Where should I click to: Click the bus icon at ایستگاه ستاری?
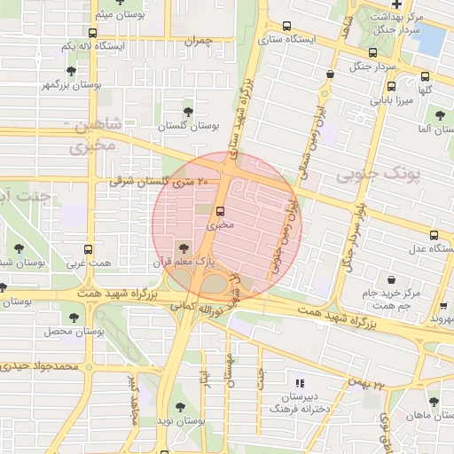pyautogui.click(x=288, y=27)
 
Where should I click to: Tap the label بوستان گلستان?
pyautogui.click(x=187, y=127)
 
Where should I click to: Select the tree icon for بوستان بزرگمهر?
pyautogui.click(x=71, y=70)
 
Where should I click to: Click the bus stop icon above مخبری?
pyautogui.click(x=220, y=211)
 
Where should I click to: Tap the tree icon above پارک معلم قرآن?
pyautogui.click(x=184, y=248)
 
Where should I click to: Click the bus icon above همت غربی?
pyautogui.click(x=88, y=250)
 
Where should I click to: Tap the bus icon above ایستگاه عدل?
pyautogui.click(x=434, y=235)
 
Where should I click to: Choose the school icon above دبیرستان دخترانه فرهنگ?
pyautogui.click(x=300, y=383)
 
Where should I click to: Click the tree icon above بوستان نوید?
pyautogui.click(x=181, y=407)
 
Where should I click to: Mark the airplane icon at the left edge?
pyautogui.click(x=3, y=287)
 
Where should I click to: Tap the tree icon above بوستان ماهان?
pyautogui.click(x=433, y=401)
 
